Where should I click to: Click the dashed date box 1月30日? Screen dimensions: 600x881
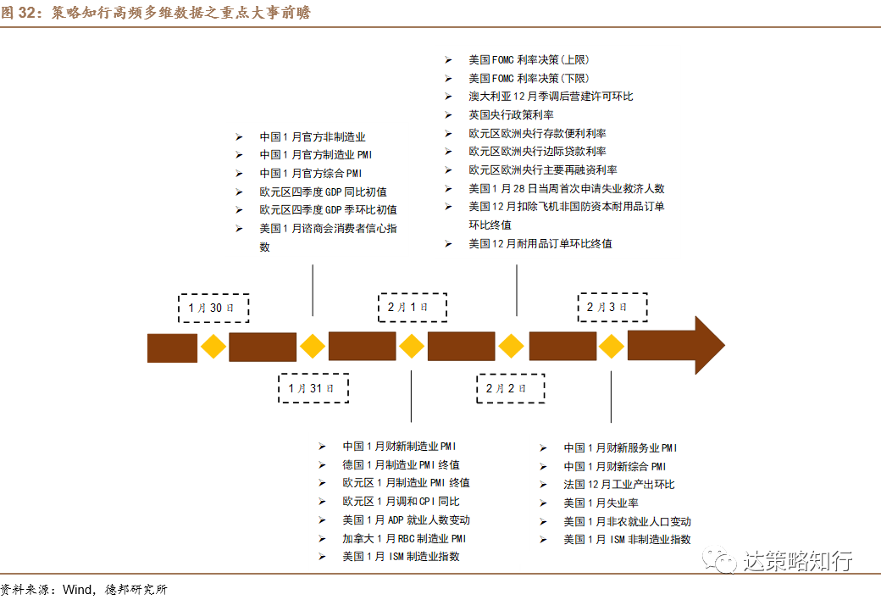click(x=213, y=308)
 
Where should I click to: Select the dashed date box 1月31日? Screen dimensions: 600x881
click(x=313, y=387)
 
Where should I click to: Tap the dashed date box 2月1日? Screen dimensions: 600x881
click(x=412, y=308)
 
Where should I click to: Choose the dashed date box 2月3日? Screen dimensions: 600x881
click(x=612, y=308)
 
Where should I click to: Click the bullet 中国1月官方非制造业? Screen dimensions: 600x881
click(x=312, y=136)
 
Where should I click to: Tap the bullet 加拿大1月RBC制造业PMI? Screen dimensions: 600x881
click(x=404, y=538)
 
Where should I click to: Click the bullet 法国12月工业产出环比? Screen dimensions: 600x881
click(x=618, y=484)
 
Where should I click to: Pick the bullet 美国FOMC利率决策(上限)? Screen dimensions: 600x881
click(x=529, y=59)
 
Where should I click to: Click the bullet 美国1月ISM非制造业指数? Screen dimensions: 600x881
click(x=627, y=539)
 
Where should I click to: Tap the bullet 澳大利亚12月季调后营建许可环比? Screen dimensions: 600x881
click(x=551, y=96)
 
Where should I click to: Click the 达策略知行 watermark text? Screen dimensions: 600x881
click(x=796, y=561)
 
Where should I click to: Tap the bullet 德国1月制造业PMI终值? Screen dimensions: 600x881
click(x=401, y=464)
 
